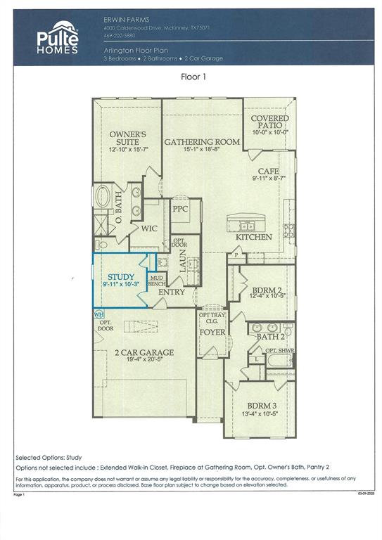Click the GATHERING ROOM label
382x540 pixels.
202,142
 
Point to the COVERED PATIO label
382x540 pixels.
269,123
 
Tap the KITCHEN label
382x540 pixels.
253,237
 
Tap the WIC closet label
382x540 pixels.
148,229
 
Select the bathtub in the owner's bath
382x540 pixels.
103,197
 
